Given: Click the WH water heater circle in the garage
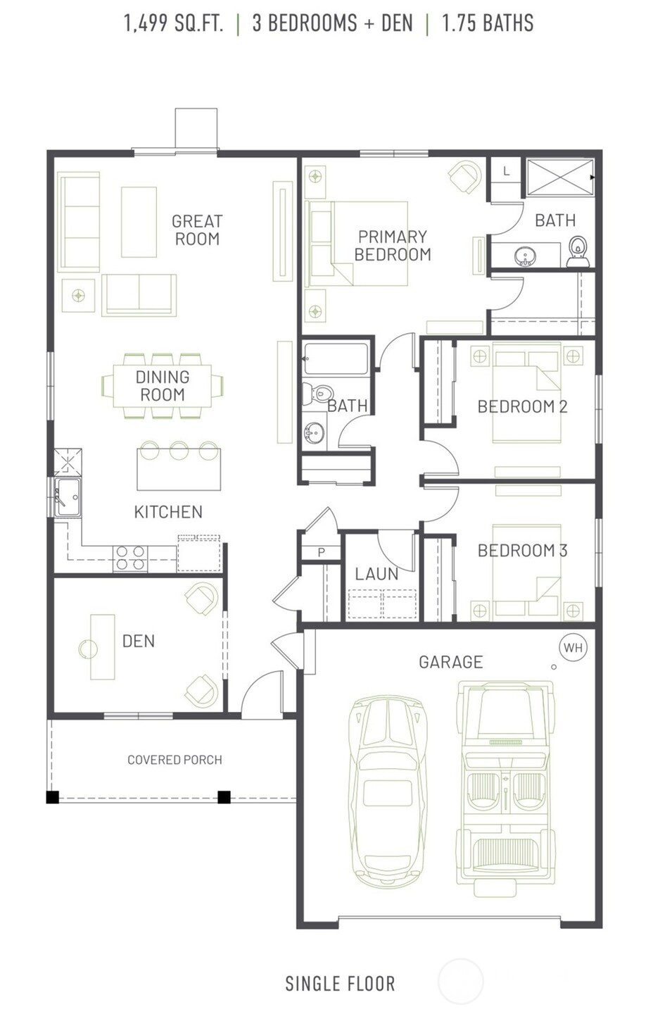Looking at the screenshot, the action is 573,647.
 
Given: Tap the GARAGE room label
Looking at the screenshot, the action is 451,662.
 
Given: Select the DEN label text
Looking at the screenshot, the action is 139,641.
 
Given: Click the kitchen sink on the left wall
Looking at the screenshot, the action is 68,497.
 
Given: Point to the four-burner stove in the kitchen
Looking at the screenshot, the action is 129,558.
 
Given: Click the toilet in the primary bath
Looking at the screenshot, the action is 578,251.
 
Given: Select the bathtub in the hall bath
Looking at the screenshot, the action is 336,359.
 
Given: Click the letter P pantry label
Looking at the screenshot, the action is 322,552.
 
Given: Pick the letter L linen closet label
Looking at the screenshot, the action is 506,171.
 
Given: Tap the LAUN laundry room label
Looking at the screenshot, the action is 376,574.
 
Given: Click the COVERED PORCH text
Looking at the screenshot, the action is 175,760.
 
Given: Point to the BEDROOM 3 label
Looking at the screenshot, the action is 522,551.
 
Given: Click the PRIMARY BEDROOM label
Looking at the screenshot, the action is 393,245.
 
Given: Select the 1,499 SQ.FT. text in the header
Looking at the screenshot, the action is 174,23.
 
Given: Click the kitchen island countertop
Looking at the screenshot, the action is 179,470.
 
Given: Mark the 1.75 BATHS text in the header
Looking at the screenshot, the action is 488,23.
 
